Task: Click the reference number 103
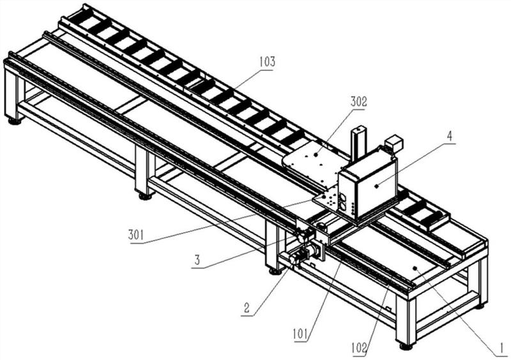click(x=267, y=61)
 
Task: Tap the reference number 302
click(x=359, y=101)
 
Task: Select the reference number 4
click(x=450, y=137)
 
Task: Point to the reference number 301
click(x=135, y=235)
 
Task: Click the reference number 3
click(x=197, y=260)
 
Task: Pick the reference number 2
click(x=247, y=307)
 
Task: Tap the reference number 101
click(x=300, y=334)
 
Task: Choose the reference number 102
click(x=359, y=349)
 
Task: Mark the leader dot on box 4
click(x=376, y=186)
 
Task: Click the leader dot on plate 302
click(x=316, y=155)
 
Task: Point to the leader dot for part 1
click(x=415, y=268)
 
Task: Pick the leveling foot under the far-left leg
click(x=15, y=122)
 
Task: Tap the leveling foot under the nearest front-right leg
click(x=406, y=347)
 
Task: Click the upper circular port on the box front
click(x=343, y=197)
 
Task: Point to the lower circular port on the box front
click(x=343, y=206)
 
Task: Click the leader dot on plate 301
click(x=324, y=197)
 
